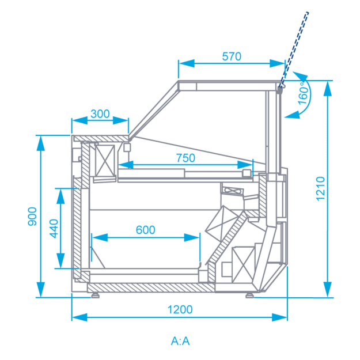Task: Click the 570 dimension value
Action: [232, 56]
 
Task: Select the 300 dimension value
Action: [100, 114]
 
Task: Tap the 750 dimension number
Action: [185, 158]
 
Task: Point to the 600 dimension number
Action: [146, 230]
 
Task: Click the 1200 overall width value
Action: [180, 309]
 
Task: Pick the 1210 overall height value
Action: [320, 189]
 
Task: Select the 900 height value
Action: [32, 217]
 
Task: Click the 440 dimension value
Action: [54, 229]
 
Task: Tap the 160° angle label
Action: [304, 93]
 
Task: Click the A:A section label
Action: [180, 341]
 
